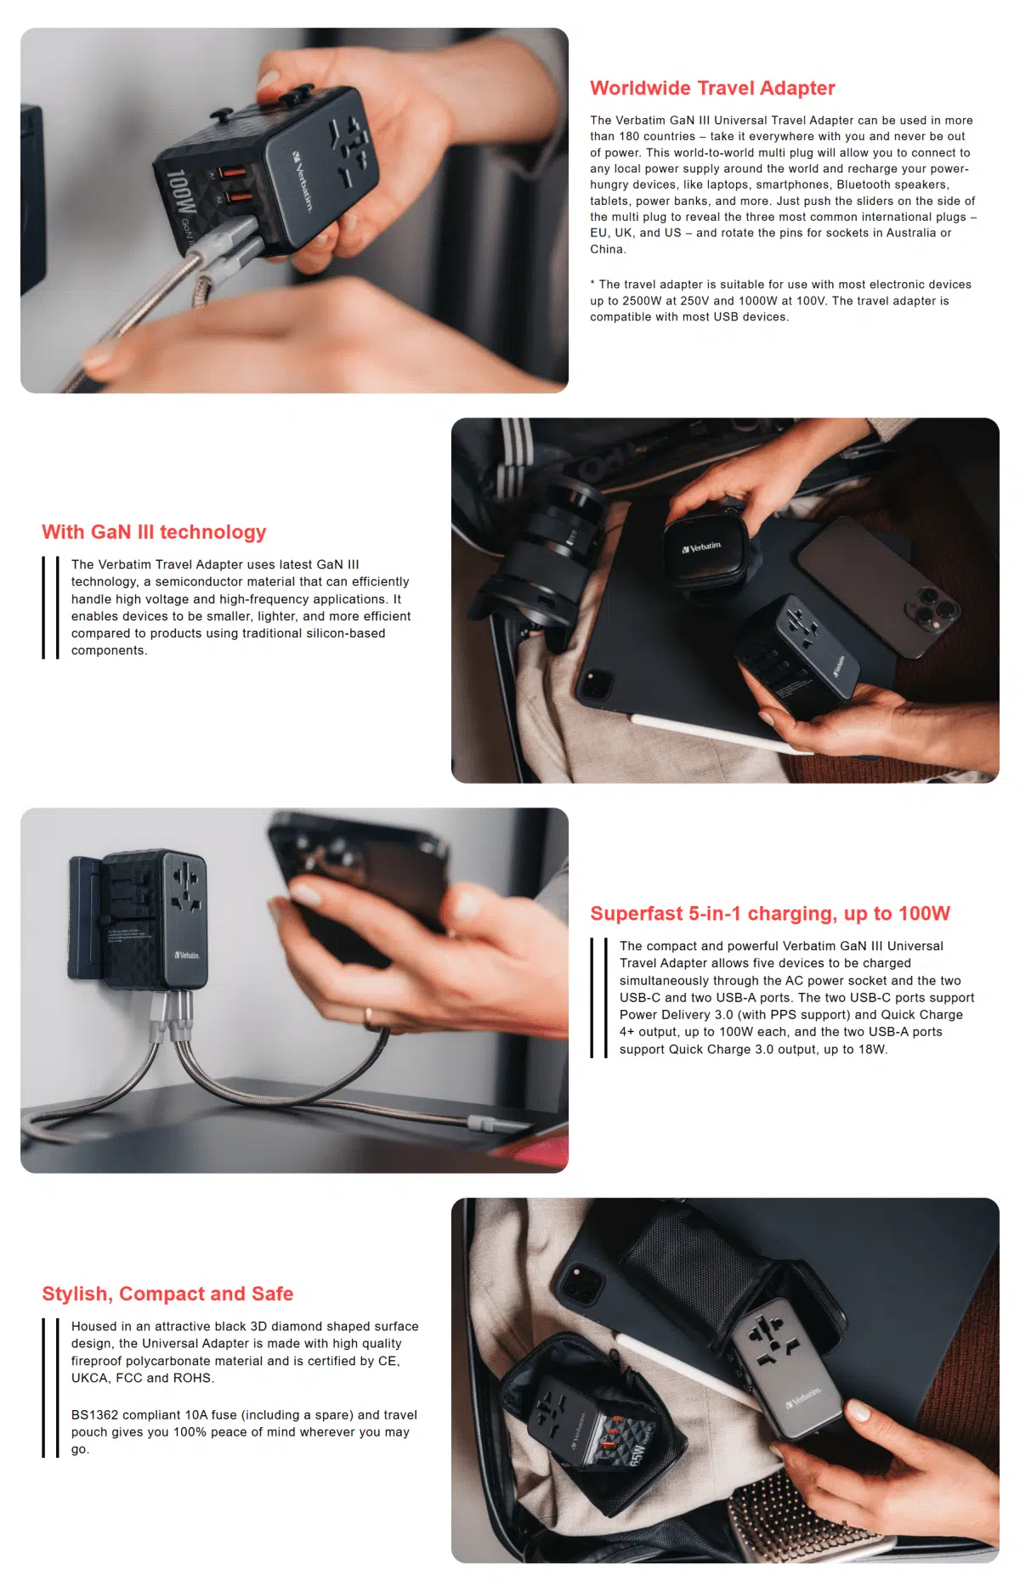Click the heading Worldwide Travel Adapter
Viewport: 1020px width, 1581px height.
pyautogui.click(x=712, y=88)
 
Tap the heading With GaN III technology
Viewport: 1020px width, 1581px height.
pyautogui.click(x=154, y=532)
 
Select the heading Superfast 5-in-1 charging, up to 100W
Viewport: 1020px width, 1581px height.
pyautogui.click(x=770, y=914)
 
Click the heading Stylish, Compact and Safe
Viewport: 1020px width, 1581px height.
pyautogui.click(x=167, y=1294)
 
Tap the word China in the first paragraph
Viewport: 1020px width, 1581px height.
pyautogui.click(x=607, y=249)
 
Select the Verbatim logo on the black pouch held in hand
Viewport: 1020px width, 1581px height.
pyautogui.click(x=701, y=547)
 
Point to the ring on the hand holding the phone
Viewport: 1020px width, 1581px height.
pyautogui.click(x=369, y=1017)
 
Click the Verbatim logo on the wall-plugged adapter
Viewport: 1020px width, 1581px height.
pyautogui.click(x=186, y=955)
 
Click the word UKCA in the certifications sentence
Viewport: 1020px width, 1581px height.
pyautogui.click(x=89, y=1378)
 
